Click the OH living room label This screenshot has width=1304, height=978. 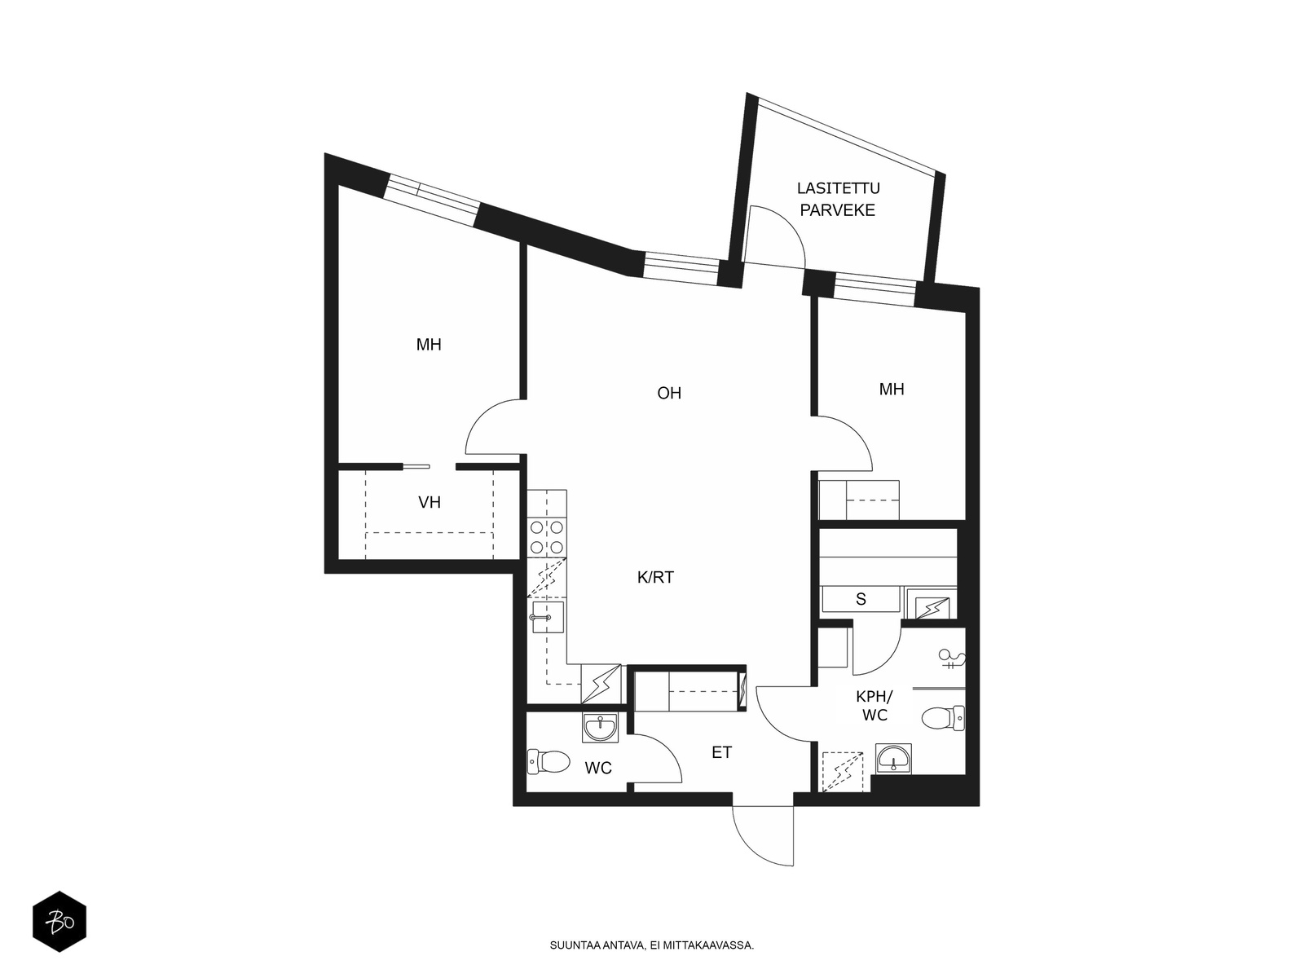click(669, 393)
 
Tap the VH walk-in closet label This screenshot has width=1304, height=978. click(430, 502)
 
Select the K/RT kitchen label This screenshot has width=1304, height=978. click(655, 577)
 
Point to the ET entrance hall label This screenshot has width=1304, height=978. click(722, 753)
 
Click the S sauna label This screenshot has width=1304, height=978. click(861, 600)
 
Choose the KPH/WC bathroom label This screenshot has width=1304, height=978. click(874, 706)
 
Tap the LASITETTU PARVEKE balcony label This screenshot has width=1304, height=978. click(839, 199)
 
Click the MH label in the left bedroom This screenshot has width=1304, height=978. click(429, 345)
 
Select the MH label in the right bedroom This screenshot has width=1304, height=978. click(892, 390)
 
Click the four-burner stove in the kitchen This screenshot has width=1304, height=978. click(547, 537)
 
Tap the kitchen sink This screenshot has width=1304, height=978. click(547, 618)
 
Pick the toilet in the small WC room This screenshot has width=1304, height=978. click(549, 761)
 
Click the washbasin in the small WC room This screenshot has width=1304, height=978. click(600, 727)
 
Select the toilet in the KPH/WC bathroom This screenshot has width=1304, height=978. click(943, 718)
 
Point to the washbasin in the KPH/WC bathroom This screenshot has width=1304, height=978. click(893, 759)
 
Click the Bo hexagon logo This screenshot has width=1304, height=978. click(59, 921)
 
